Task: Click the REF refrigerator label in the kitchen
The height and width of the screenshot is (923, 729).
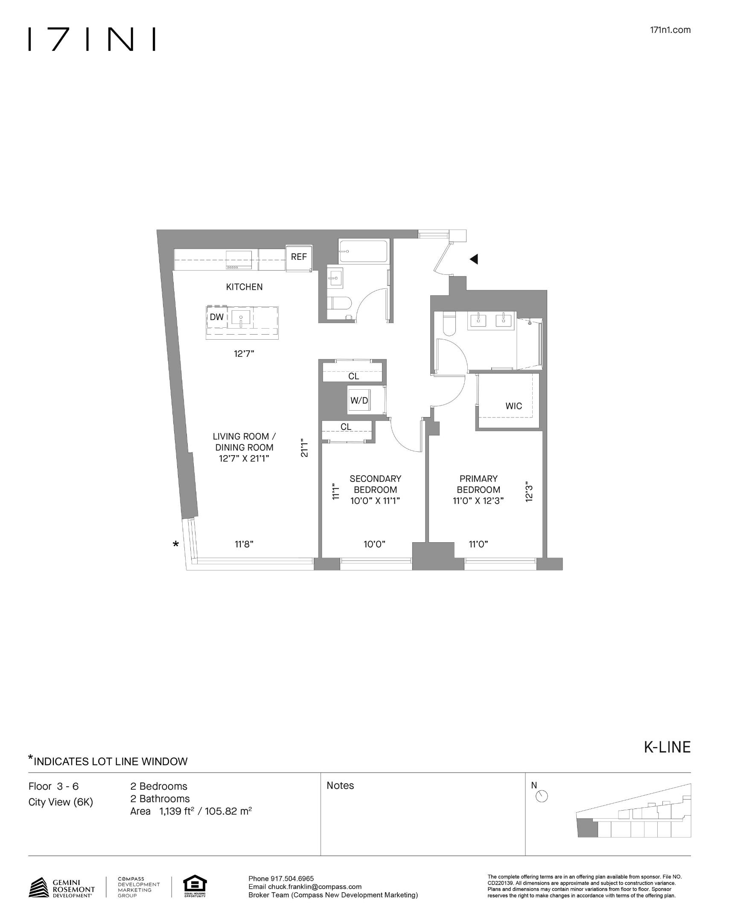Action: coord(299,257)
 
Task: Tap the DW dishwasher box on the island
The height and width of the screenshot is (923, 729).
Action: coord(217,317)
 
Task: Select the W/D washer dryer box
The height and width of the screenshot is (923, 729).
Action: coord(359,400)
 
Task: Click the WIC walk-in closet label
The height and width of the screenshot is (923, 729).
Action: coord(513,406)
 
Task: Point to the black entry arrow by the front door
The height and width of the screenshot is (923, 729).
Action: coord(474,259)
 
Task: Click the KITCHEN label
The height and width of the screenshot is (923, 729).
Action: coord(244,287)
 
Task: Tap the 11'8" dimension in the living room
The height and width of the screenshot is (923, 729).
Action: coord(244,544)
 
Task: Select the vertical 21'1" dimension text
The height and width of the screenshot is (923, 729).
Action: coord(304,447)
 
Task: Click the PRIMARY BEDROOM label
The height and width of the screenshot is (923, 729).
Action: coord(478,484)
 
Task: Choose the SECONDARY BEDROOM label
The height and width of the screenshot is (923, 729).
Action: coord(375,484)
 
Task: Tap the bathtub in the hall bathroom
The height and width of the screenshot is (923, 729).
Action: coord(363,251)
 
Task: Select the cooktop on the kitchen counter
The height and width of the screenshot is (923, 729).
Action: coord(239,260)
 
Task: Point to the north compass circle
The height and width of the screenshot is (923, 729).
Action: coord(542,797)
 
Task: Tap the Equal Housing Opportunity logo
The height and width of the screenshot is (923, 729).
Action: coord(195,887)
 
